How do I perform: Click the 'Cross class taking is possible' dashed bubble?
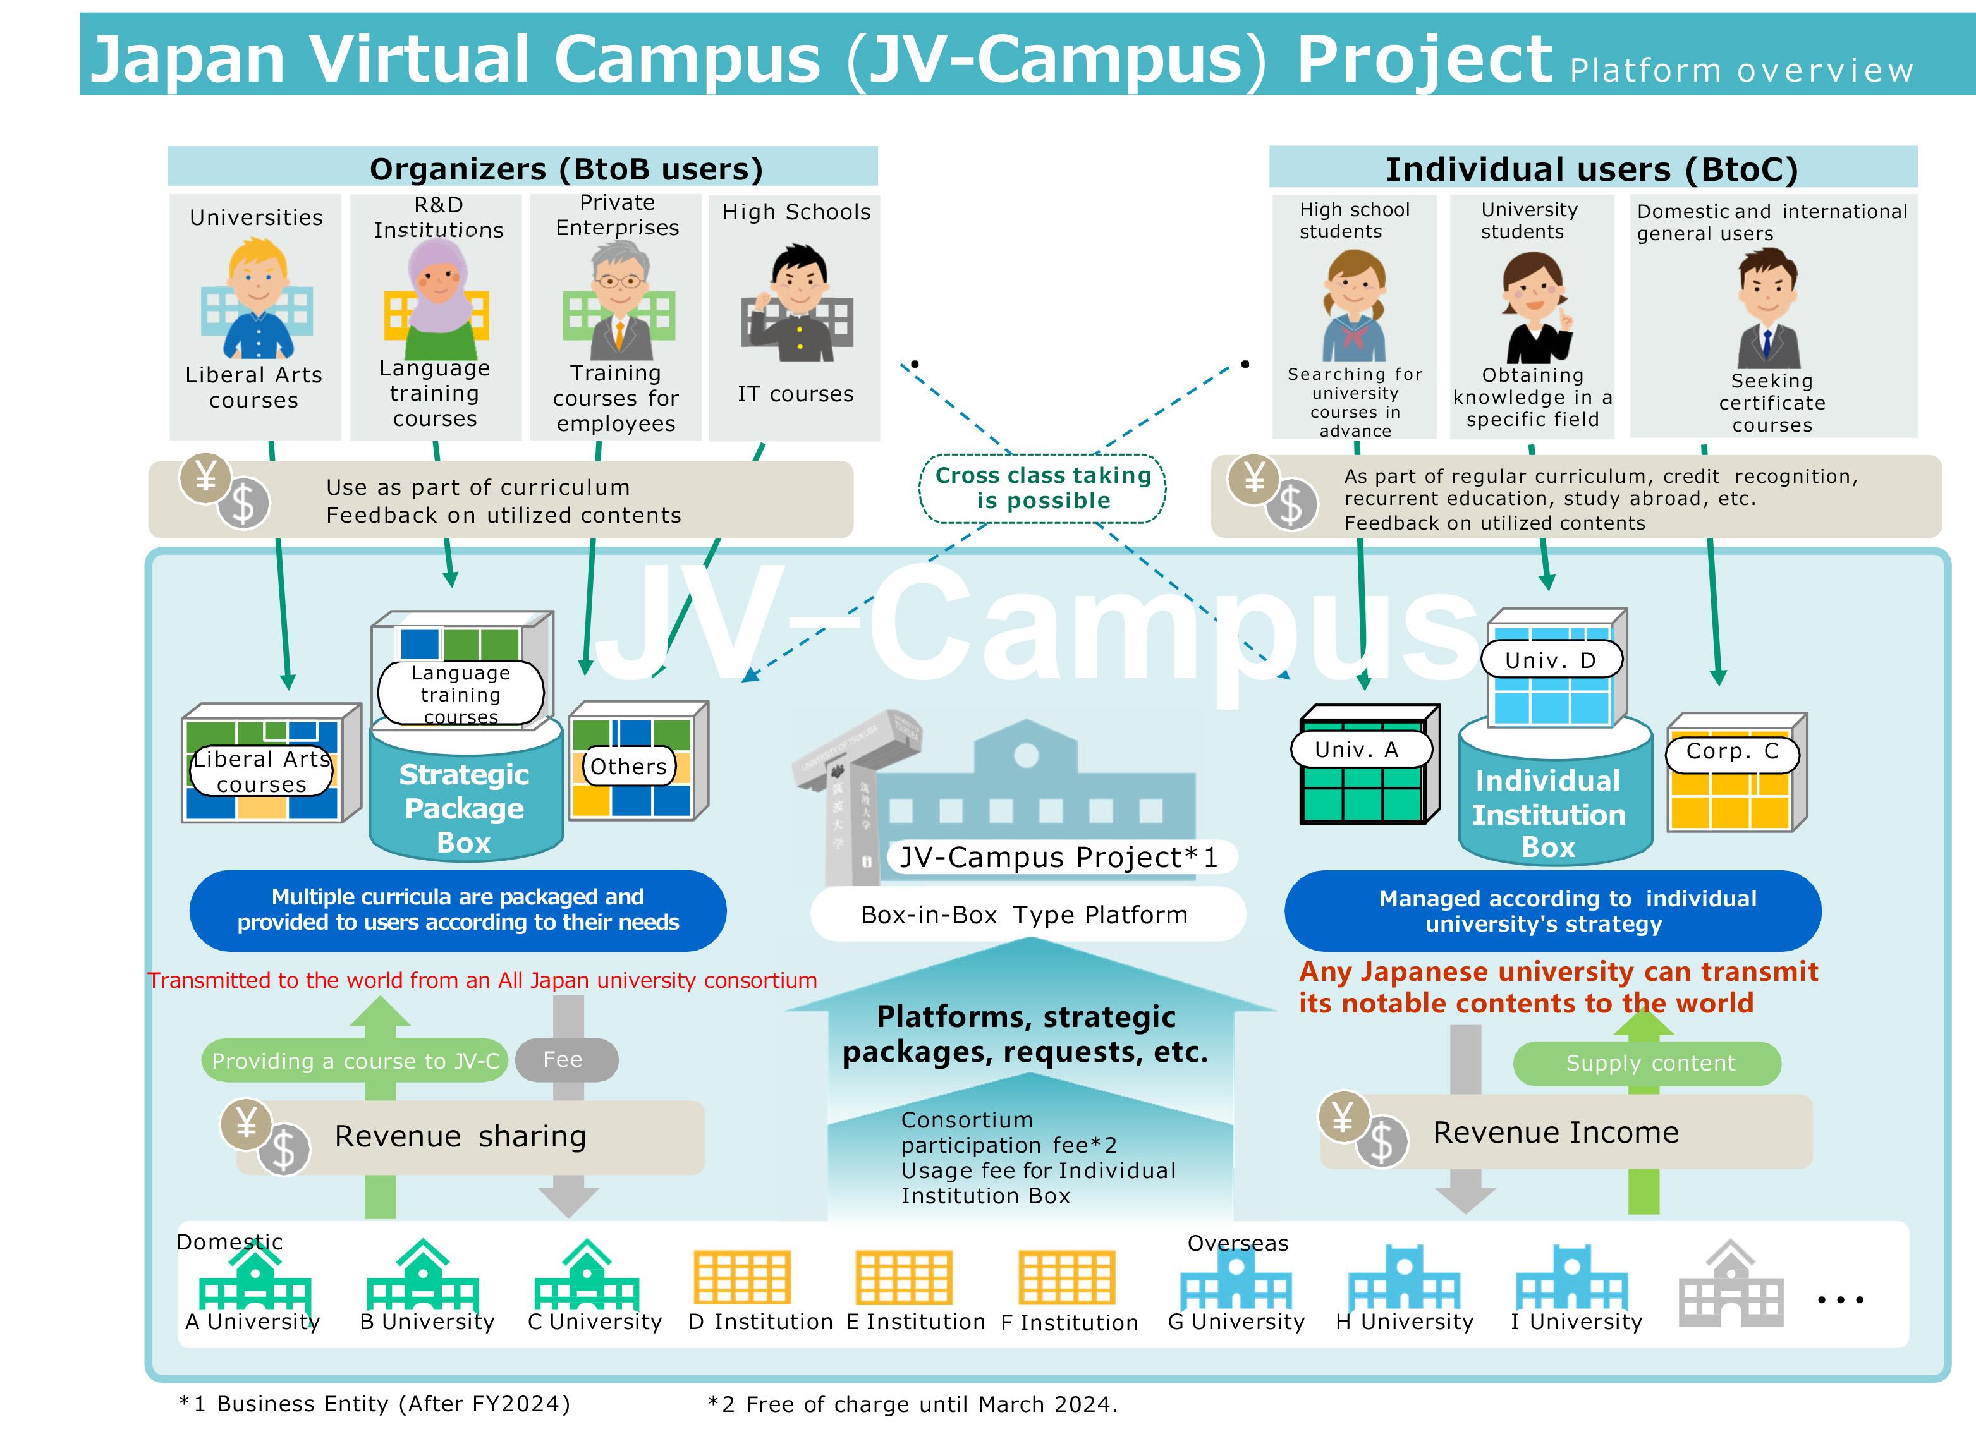tap(1042, 488)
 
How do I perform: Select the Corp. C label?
tap(1732, 752)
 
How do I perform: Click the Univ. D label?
tap(1551, 660)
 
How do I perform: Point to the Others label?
tap(628, 767)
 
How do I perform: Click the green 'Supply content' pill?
tap(1649, 1063)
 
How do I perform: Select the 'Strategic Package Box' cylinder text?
tap(465, 808)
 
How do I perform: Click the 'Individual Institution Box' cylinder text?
tap(1548, 814)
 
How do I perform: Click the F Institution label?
tap(1069, 1323)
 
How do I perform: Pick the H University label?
tap(1405, 1322)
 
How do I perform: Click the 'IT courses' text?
tap(795, 394)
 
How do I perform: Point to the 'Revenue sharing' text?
tap(460, 1136)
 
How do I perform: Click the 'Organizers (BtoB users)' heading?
tap(566, 168)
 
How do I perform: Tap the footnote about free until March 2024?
tap(912, 1404)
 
